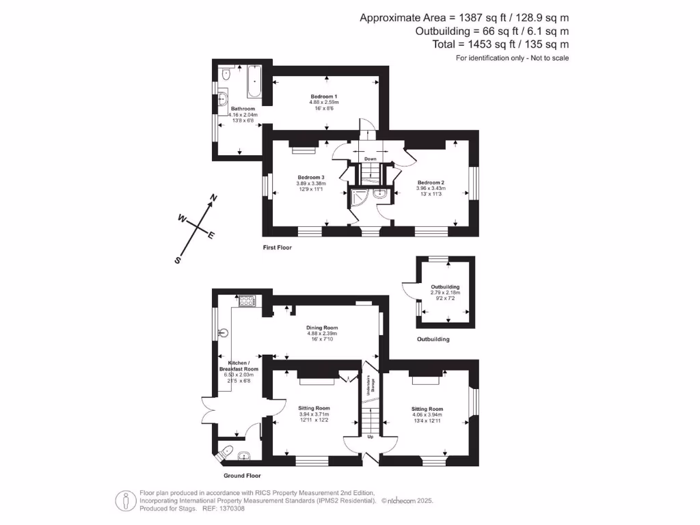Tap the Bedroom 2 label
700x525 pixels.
pos(431,183)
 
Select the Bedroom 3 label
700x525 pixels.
pos(311,177)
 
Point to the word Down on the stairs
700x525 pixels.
pos(370,159)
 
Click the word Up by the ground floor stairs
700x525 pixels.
pos(371,436)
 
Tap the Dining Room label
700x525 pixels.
pos(321,327)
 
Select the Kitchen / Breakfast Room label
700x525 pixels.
pos(238,366)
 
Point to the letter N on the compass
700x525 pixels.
pos(213,198)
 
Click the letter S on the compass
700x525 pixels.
pos(177,260)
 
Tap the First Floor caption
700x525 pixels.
pos(278,247)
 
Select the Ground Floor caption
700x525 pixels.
pos(242,475)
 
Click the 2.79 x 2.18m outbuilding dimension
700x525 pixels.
pos(445,293)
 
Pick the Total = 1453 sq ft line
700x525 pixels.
pos(501,44)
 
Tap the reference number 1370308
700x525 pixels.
pos(230,508)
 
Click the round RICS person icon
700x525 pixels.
pos(124,500)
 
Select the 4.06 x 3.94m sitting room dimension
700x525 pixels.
pos(427,414)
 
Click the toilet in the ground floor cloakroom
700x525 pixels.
pos(226,450)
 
